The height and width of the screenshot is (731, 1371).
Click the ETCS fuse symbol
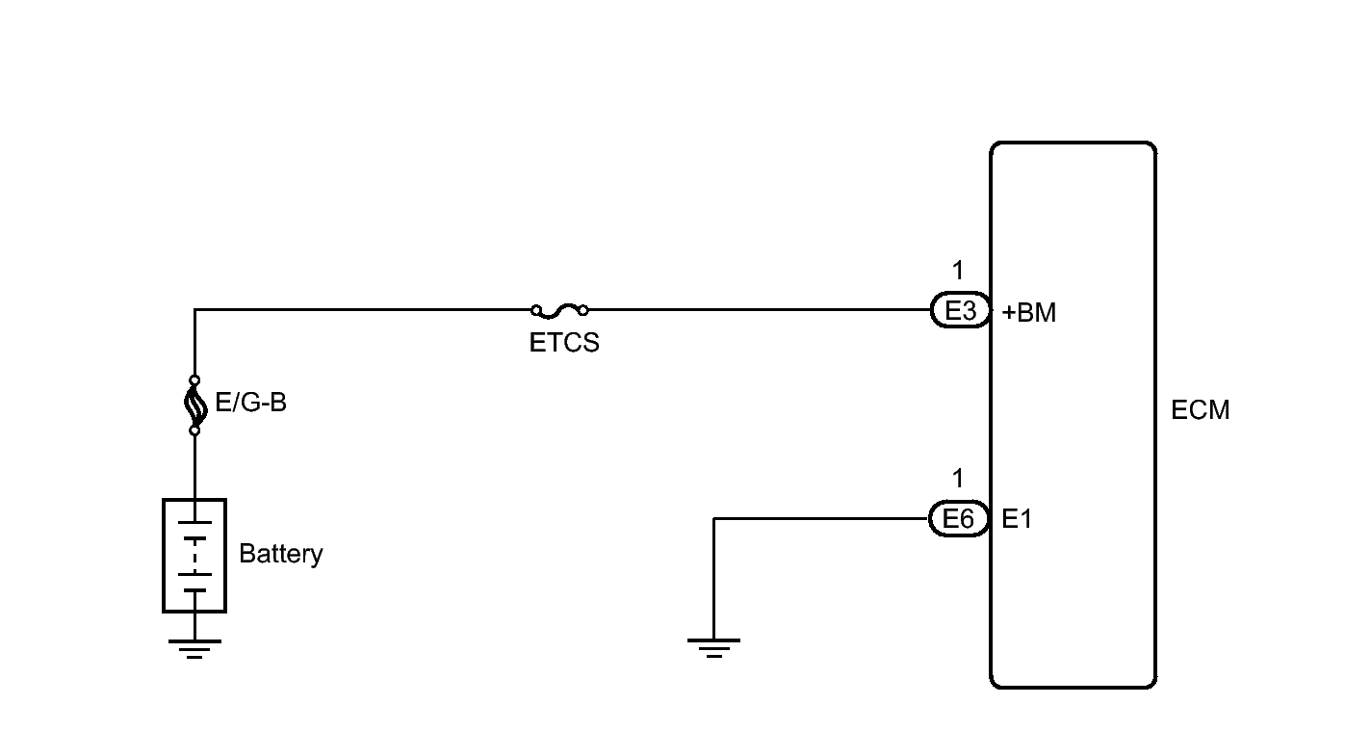click(559, 310)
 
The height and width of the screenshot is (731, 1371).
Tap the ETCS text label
click(563, 343)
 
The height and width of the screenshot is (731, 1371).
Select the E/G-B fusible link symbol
click(194, 405)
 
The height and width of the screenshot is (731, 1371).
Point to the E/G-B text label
click(251, 403)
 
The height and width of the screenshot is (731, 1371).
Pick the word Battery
click(281, 554)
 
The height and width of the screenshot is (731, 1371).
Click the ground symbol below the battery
click(194, 648)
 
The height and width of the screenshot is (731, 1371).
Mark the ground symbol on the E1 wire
click(713, 648)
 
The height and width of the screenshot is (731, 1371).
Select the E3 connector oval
click(960, 310)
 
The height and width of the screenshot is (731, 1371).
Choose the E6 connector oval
click(959, 519)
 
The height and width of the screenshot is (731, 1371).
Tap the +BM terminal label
click(1029, 313)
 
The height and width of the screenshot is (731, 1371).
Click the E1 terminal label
click(1017, 519)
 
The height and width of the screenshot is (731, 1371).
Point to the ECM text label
click(1201, 410)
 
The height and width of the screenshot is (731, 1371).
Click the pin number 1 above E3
click(958, 270)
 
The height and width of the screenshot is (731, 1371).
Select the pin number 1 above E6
click(958, 478)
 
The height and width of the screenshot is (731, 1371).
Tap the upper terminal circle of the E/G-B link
click(194, 380)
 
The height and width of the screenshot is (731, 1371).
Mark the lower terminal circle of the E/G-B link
click(194, 431)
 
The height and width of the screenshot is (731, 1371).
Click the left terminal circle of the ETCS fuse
click(536, 310)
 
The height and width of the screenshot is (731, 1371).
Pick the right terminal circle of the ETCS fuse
click(583, 310)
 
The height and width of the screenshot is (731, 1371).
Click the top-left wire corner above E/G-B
click(194, 310)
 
